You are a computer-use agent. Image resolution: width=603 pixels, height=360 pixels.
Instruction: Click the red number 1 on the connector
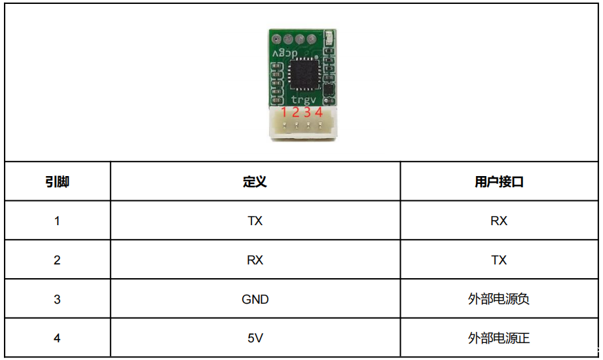tap(284, 112)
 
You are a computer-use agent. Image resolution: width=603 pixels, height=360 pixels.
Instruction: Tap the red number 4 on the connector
tap(319, 112)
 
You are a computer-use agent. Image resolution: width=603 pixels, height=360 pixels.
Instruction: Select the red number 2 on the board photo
tap(295, 112)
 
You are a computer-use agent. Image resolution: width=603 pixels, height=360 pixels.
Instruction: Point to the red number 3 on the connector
tap(307, 112)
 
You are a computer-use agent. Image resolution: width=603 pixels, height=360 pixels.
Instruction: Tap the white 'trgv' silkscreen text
tap(303, 99)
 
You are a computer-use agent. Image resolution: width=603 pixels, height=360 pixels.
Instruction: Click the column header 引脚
tap(58, 182)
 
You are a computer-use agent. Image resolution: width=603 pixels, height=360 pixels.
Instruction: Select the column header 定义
tap(255, 182)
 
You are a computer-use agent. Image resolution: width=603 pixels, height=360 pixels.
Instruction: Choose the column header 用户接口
tap(499, 182)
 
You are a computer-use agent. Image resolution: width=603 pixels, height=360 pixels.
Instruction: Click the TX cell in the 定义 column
tap(255, 221)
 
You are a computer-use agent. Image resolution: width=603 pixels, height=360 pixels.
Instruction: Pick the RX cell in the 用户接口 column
tap(499, 221)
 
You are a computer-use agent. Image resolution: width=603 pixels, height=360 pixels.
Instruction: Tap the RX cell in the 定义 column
tap(255, 261)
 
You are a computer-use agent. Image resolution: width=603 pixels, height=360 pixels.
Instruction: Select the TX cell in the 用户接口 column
tap(499, 261)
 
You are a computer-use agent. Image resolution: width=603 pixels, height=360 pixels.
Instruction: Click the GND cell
tap(255, 300)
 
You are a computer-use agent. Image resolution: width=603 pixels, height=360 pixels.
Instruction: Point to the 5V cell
tap(255, 338)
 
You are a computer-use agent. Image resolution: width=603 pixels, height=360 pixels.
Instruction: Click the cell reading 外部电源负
tap(499, 300)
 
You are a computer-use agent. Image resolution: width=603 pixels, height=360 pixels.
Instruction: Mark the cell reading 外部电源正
tap(499, 338)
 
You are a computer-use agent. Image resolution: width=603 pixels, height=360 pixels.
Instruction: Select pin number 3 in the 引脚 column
tap(58, 300)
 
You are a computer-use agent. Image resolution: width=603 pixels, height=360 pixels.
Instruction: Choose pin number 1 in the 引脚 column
tap(58, 221)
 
